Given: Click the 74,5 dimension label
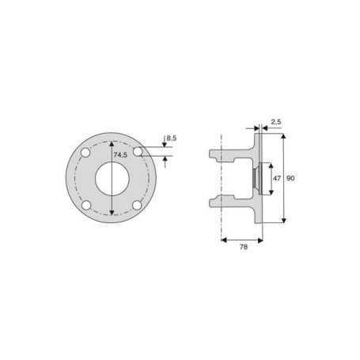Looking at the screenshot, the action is pyautogui.click(x=120, y=155).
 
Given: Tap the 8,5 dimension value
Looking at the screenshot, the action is pyautogui.click(x=172, y=138).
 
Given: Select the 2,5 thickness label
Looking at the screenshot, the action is pyautogui.click(x=276, y=122).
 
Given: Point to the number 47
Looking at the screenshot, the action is pyautogui.click(x=277, y=179).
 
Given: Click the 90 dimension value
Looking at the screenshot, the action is pyautogui.click(x=290, y=179).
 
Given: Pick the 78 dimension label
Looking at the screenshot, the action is pyautogui.click(x=244, y=247).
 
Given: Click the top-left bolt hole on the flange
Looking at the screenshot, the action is pyautogui.click(x=85, y=152).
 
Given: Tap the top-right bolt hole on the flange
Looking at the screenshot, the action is pyautogui.click(x=138, y=152).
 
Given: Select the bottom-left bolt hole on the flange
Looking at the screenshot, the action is pyautogui.click(x=86, y=205).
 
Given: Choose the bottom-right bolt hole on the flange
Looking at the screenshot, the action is pyautogui.click(x=137, y=205).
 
